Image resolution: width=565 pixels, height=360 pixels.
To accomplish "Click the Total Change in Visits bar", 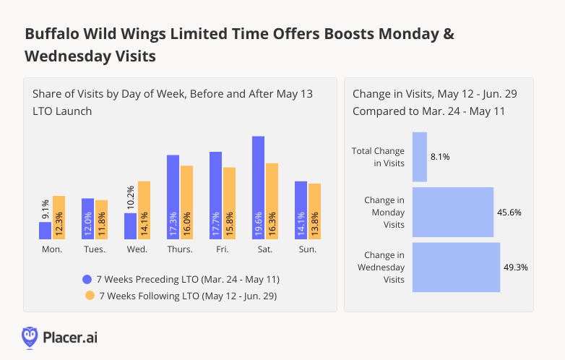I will click(x=420, y=157).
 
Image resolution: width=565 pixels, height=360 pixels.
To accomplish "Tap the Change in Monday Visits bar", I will click(x=453, y=213).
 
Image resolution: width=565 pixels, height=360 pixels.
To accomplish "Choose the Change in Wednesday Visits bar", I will click(x=457, y=267).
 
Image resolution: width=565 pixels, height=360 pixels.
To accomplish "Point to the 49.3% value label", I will click(x=516, y=267).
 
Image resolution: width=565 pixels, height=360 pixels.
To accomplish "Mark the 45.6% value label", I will click(x=509, y=213).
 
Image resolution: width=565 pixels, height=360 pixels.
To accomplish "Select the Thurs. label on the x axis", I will click(x=179, y=249).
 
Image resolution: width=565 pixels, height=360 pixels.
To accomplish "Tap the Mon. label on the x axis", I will click(x=52, y=249).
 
